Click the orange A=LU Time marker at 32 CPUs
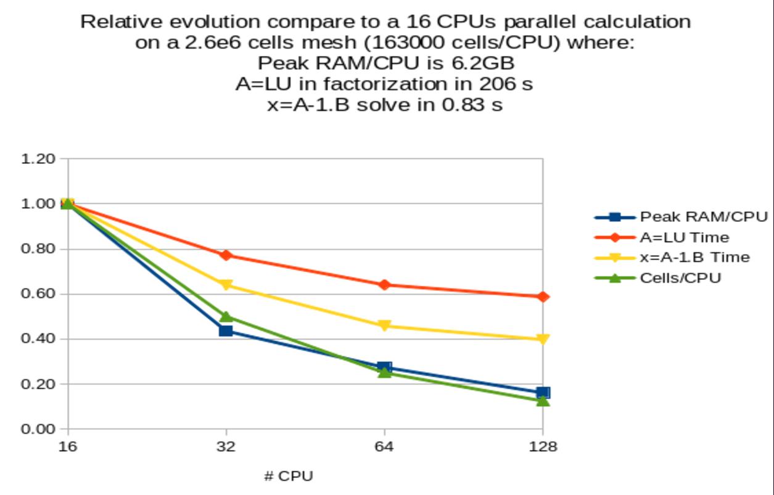[226, 255]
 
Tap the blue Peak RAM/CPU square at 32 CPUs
[226, 331]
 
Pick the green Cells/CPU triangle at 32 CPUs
[226, 317]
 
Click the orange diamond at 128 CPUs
[543, 297]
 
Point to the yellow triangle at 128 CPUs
[543, 339]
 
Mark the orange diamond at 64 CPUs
[384, 285]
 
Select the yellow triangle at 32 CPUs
[226, 285]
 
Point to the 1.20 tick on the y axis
[39, 158]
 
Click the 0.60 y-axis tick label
[39, 294]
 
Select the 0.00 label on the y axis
[39, 429]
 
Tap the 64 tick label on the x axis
[384, 447]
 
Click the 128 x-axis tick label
[543, 447]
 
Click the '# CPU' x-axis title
[288, 477]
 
